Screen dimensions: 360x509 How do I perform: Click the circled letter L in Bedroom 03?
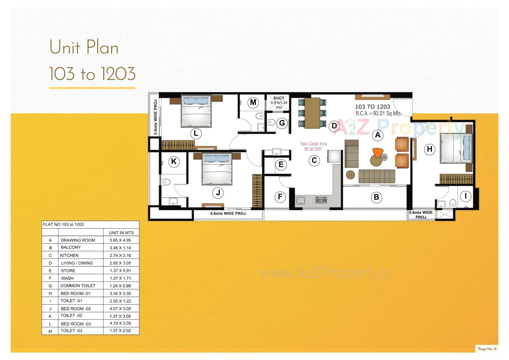[x=196, y=133]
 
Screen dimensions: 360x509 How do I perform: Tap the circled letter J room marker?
[x=218, y=193]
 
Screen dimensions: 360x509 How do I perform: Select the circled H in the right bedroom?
[x=429, y=149]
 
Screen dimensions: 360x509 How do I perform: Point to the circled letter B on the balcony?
[x=376, y=197]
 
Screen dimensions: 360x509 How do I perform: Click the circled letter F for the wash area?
[x=280, y=197]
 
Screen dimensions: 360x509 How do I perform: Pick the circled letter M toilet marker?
[x=253, y=102]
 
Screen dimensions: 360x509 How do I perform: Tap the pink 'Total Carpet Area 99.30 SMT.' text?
[x=313, y=146]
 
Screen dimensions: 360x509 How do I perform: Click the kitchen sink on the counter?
[x=300, y=201]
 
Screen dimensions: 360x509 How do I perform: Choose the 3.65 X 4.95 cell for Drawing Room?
[x=120, y=240]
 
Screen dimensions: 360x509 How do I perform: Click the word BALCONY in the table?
[x=71, y=247]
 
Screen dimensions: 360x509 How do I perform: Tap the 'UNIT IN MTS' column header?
[x=121, y=233]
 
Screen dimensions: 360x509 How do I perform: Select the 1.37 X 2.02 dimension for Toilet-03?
[x=120, y=331]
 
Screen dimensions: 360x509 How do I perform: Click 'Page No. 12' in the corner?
[x=487, y=349]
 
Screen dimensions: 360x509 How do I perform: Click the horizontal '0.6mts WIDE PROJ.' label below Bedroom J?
[x=229, y=214]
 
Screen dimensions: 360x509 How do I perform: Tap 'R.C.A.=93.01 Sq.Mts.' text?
[x=378, y=114]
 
